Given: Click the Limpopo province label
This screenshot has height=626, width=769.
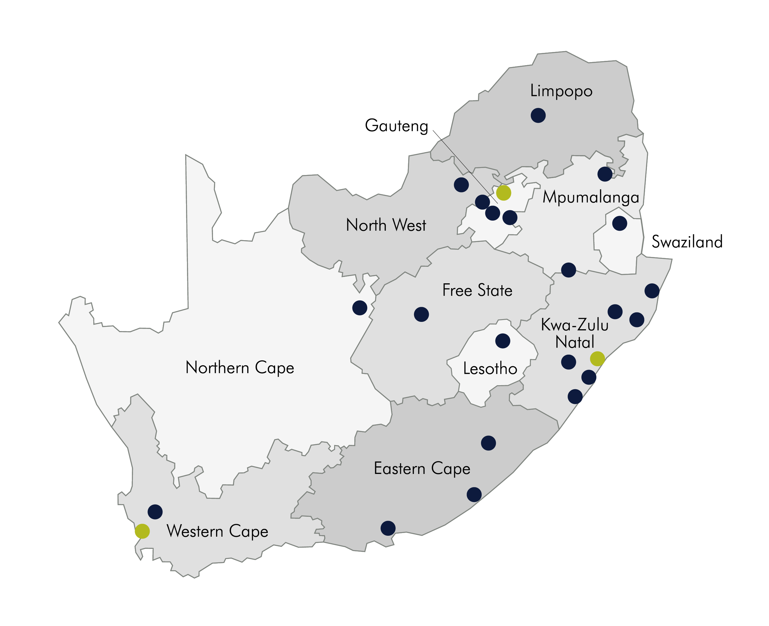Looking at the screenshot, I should (561, 91).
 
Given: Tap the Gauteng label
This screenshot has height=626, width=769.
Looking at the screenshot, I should (396, 125).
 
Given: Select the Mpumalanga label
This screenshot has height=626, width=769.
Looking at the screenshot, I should (591, 197).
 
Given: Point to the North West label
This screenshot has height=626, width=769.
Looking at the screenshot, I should (386, 225).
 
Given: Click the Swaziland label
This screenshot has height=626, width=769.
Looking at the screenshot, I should (687, 242).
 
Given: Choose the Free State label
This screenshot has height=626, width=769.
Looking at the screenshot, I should (477, 290).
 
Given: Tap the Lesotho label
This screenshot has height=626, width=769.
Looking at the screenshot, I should (490, 368).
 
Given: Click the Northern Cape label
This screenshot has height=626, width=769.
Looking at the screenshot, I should (240, 367).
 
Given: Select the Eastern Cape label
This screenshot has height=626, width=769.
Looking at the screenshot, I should (422, 468).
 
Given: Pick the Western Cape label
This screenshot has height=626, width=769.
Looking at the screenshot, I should (217, 531).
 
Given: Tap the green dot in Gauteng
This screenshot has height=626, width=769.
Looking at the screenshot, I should (503, 192).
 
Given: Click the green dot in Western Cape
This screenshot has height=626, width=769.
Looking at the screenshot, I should (142, 531).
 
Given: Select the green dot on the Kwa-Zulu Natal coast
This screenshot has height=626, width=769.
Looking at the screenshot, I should (597, 359).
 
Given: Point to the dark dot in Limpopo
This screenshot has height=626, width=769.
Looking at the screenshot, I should (538, 115).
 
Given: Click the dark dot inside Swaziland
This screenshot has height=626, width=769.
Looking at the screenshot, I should (619, 224).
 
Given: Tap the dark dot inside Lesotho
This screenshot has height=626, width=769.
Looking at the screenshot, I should (502, 341).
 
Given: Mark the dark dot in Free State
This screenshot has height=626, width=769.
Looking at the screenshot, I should (421, 315).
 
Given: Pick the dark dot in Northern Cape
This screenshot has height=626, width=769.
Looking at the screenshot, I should (360, 308).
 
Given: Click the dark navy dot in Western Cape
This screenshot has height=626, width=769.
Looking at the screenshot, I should (155, 512).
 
